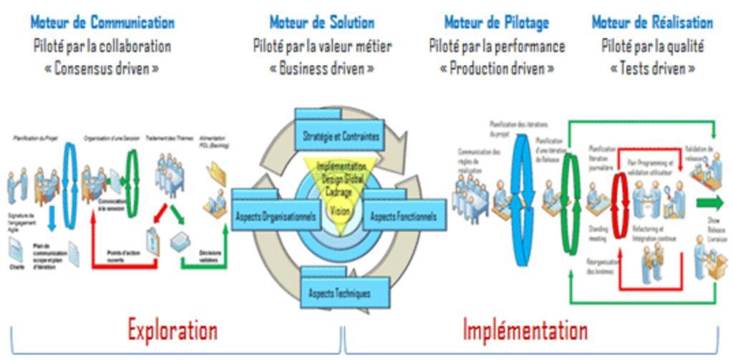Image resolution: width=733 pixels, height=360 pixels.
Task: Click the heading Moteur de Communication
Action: (102, 22)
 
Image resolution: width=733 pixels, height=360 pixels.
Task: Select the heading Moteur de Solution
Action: (321, 22)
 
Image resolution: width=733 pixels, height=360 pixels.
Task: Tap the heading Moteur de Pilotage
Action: (497, 22)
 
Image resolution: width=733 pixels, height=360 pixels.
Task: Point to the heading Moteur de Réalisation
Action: (652, 22)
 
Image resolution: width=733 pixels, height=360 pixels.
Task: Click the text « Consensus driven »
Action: (103, 69)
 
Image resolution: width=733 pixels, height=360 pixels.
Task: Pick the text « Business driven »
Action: (321, 69)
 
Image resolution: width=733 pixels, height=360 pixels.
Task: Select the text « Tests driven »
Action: (652, 69)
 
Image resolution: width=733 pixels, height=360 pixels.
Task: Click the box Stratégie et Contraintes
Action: (340, 136)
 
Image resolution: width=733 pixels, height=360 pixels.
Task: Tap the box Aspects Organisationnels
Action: (275, 215)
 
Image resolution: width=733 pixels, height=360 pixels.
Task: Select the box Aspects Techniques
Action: (339, 293)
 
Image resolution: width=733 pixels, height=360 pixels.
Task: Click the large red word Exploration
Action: (173, 330)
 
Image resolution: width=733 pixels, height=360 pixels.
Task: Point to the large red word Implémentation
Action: (525, 330)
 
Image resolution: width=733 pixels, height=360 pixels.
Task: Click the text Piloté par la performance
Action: (497, 47)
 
